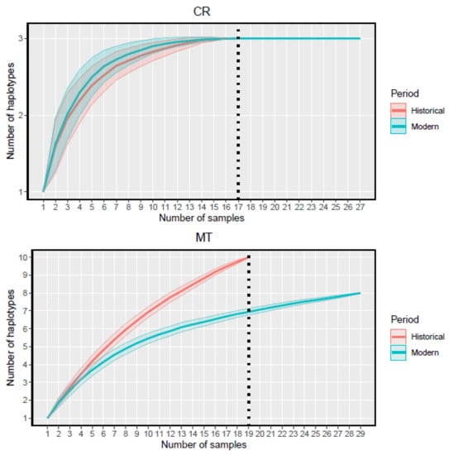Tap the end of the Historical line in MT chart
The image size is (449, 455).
[x=248, y=256]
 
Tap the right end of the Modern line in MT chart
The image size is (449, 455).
[x=359, y=293]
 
